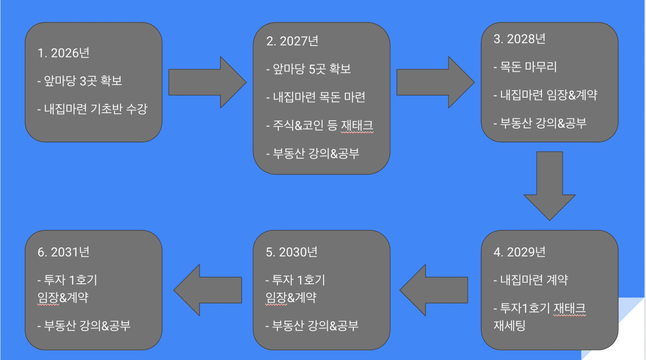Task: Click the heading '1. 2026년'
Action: [63, 53]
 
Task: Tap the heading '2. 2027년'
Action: [292, 41]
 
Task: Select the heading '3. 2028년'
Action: [519, 39]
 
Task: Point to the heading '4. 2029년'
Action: [519, 252]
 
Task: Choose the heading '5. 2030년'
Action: [291, 252]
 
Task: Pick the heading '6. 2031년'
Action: [63, 252]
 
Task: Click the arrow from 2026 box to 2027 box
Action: [207, 82]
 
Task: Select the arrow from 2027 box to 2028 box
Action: [435, 82]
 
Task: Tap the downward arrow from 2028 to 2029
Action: [549, 185]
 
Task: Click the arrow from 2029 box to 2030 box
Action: [435, 290]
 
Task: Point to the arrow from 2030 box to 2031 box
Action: [208, 290]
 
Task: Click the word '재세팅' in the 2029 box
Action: [509, 326]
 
